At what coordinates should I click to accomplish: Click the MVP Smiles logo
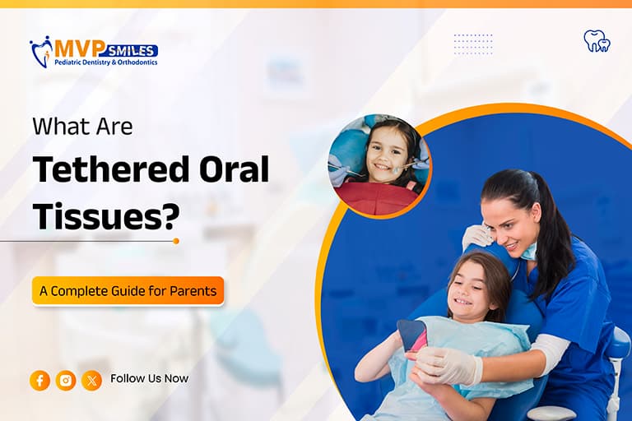click(x=93, y=52)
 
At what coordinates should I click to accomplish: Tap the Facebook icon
click(x=39, y=380)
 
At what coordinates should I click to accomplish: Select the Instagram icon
click(x=66, y=380)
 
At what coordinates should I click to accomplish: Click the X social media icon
click(x=91, y=380)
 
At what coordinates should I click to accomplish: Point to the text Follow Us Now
click(x=149, y=379)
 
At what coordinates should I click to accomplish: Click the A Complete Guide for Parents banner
click(x=128, y=291)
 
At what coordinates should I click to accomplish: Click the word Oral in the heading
click(x=234, y=170)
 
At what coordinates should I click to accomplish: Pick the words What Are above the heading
click(x=82, y=127)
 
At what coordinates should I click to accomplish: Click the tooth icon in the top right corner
click(x=597, y=40)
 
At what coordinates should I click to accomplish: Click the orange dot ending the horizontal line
click(x=176, y=241)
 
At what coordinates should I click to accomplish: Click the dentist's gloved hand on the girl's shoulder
click(x=476, y=238)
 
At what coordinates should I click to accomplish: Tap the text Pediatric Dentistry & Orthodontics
click(x=105, y=62)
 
